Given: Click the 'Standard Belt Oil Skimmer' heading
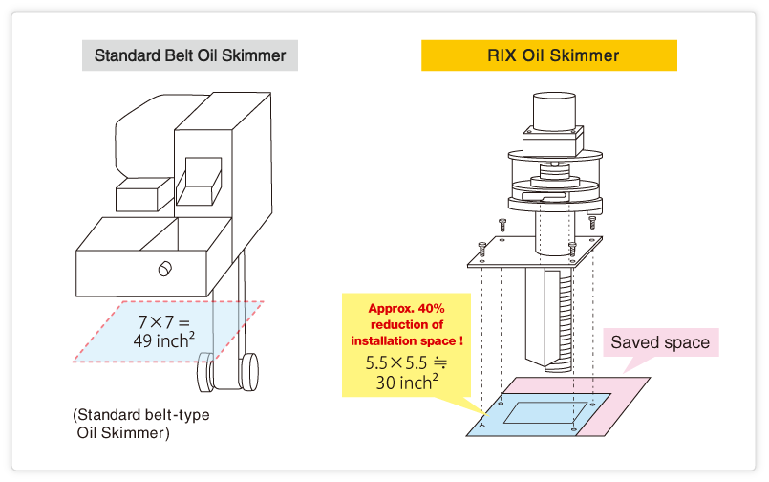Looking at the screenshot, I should [x=190, y=55].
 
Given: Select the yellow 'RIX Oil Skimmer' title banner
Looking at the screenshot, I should [x=549, y=55].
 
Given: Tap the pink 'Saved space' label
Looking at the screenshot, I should [x=660, y=342].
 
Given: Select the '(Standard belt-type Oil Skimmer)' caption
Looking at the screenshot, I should [x=139, y=424].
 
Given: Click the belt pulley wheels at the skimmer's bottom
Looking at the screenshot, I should [x=229, y=372].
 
